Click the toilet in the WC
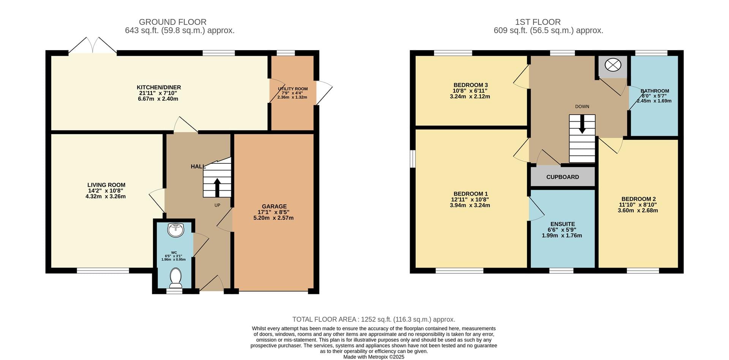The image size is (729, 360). pos(175,278)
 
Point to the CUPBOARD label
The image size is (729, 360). pos(563,177)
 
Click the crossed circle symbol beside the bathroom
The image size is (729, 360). pos(612,65)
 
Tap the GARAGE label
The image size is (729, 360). pos(274,207)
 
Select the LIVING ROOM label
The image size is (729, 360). pos(106,185)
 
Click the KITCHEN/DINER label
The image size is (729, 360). pos(159,88)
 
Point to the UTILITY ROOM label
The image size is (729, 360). pos(293,89)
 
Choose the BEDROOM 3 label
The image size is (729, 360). pos(471,85)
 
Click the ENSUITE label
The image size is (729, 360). pos(563,224)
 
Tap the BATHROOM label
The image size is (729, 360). pos(655,91)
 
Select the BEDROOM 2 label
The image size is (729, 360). pos(639,199)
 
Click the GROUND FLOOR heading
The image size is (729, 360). pos(173,22)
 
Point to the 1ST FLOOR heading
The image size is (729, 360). pos(538,22)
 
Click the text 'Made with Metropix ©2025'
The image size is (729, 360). pos(374,357)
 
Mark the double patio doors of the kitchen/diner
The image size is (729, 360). pos(93,46)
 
